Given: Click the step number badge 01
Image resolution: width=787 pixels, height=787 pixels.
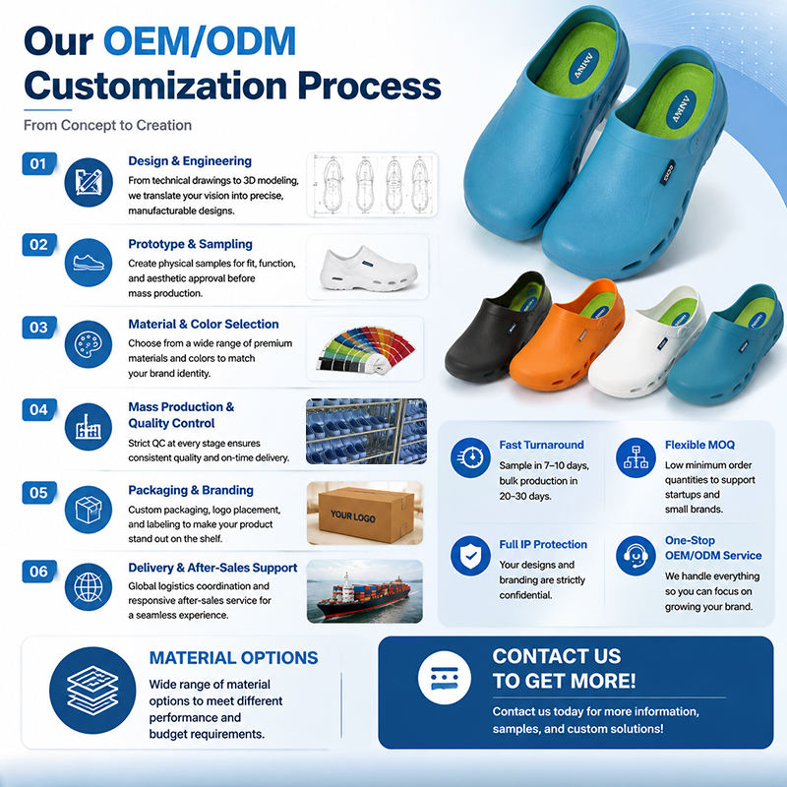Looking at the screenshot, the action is pos(39,163).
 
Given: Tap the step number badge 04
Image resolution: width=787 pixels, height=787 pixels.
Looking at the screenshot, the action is pos(39,409).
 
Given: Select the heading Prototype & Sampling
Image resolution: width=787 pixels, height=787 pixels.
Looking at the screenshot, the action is pos(190,244).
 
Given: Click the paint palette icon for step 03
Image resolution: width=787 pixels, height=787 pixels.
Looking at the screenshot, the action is pos(89,344).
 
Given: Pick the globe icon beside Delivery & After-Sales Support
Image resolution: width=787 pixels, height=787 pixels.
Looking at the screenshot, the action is pos(89,586).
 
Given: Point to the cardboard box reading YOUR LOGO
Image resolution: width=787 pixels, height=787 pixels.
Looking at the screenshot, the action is pos(365,514).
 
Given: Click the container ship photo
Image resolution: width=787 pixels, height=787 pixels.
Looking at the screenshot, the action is pos(365,591).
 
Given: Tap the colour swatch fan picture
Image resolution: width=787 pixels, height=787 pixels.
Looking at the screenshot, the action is pos(365,349).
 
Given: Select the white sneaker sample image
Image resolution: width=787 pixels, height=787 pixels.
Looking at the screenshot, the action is pos(368,269).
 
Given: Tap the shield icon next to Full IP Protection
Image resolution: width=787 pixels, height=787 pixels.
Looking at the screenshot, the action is pos(470,556).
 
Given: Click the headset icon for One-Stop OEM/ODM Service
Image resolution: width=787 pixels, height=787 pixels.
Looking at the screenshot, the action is pos(636,556).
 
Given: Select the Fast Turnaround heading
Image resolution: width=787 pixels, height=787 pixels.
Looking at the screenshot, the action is pos(541,445).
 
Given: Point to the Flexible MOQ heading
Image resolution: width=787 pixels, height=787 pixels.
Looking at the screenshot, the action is pos(699,445).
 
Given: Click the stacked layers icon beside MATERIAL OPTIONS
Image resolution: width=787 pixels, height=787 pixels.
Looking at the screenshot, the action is pos(92,691).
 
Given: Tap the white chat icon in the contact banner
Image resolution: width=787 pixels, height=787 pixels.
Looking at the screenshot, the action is pos(445,678).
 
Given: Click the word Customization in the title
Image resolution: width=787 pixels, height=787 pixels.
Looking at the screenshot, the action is pos(156,87).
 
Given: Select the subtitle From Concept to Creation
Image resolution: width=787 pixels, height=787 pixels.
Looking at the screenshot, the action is pos(107,125).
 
